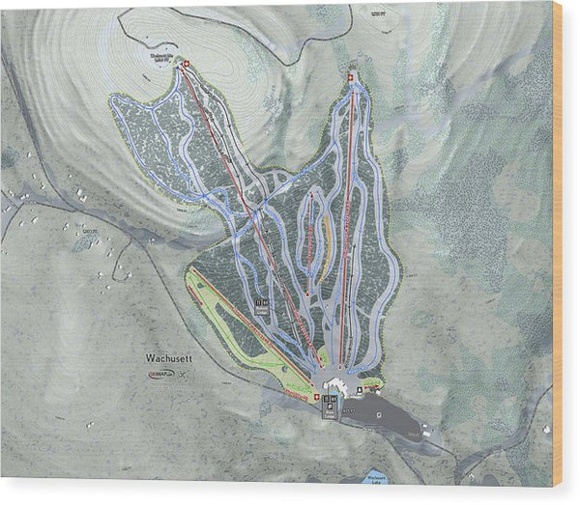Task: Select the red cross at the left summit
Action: (x=187, y=65)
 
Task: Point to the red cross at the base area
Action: (x=312, y=397)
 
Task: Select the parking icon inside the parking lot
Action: (x=361, y=390)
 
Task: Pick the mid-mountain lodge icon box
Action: (x=261, y=303)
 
